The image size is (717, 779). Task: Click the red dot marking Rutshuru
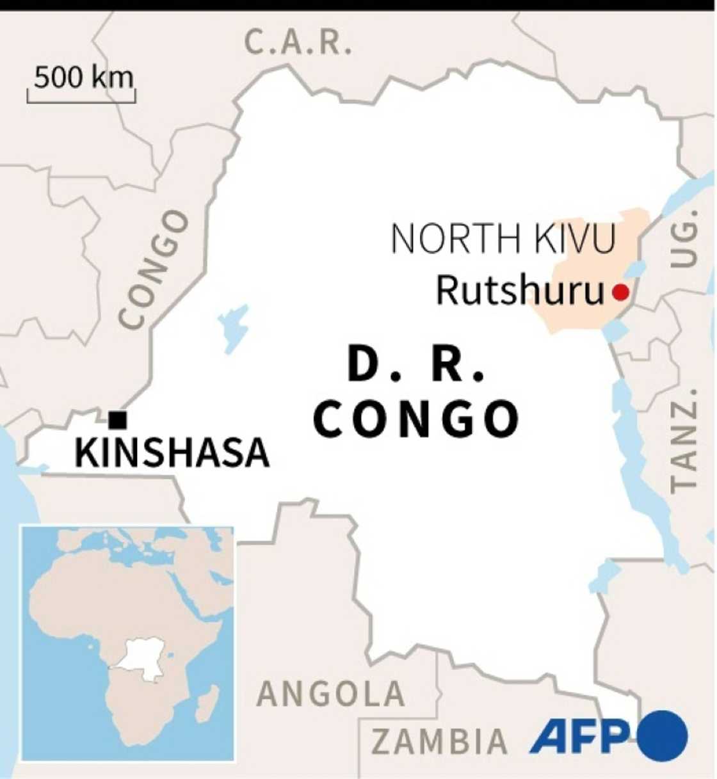pos(620,293)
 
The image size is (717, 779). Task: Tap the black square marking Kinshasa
pos(118,420)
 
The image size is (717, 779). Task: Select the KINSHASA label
pos(172,453)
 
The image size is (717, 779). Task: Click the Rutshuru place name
pos(520,291)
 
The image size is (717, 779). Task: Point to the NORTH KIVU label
pos(503,238)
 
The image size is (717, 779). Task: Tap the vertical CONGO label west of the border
pos(154,269)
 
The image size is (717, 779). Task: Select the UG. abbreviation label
pos(684,245)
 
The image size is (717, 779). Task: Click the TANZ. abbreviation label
pos(683,439)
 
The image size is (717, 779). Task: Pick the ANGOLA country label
pos(331,694)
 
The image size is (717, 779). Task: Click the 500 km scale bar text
pos(84,77)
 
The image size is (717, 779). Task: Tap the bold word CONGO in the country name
pos(417,419)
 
